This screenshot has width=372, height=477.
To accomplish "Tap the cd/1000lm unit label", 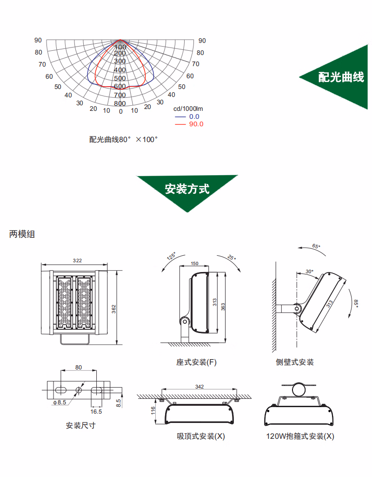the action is [x=188, y=109].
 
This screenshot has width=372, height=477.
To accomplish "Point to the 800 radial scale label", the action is [x=120, y=103].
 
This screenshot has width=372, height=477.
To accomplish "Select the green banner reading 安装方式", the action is [x=187, y=189].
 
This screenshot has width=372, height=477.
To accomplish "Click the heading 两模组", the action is [x=22, y=234].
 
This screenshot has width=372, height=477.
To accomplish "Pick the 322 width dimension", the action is [x=77, y=260].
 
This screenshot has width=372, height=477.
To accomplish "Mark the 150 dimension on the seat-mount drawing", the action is [x=194, y=264].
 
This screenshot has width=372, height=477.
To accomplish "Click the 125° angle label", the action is [x=171, y=256].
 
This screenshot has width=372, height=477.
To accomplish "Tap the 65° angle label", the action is [x=316, y=246].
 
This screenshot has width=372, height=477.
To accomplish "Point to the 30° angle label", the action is [x=309, y=272].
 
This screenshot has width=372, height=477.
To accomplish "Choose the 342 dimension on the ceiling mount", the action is [x=199, y=387].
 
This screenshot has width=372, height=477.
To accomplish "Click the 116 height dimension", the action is [x=153, y=410].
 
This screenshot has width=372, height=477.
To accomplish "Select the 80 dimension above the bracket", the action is [x=78, y=367].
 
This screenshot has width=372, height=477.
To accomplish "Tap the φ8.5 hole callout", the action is [x=60, y=402].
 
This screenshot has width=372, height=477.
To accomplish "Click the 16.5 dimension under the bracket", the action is [x=96, y=412].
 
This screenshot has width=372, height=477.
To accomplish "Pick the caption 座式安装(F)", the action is [x=196, y=362].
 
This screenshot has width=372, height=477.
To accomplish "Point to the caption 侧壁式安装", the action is [x=294, y=362].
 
